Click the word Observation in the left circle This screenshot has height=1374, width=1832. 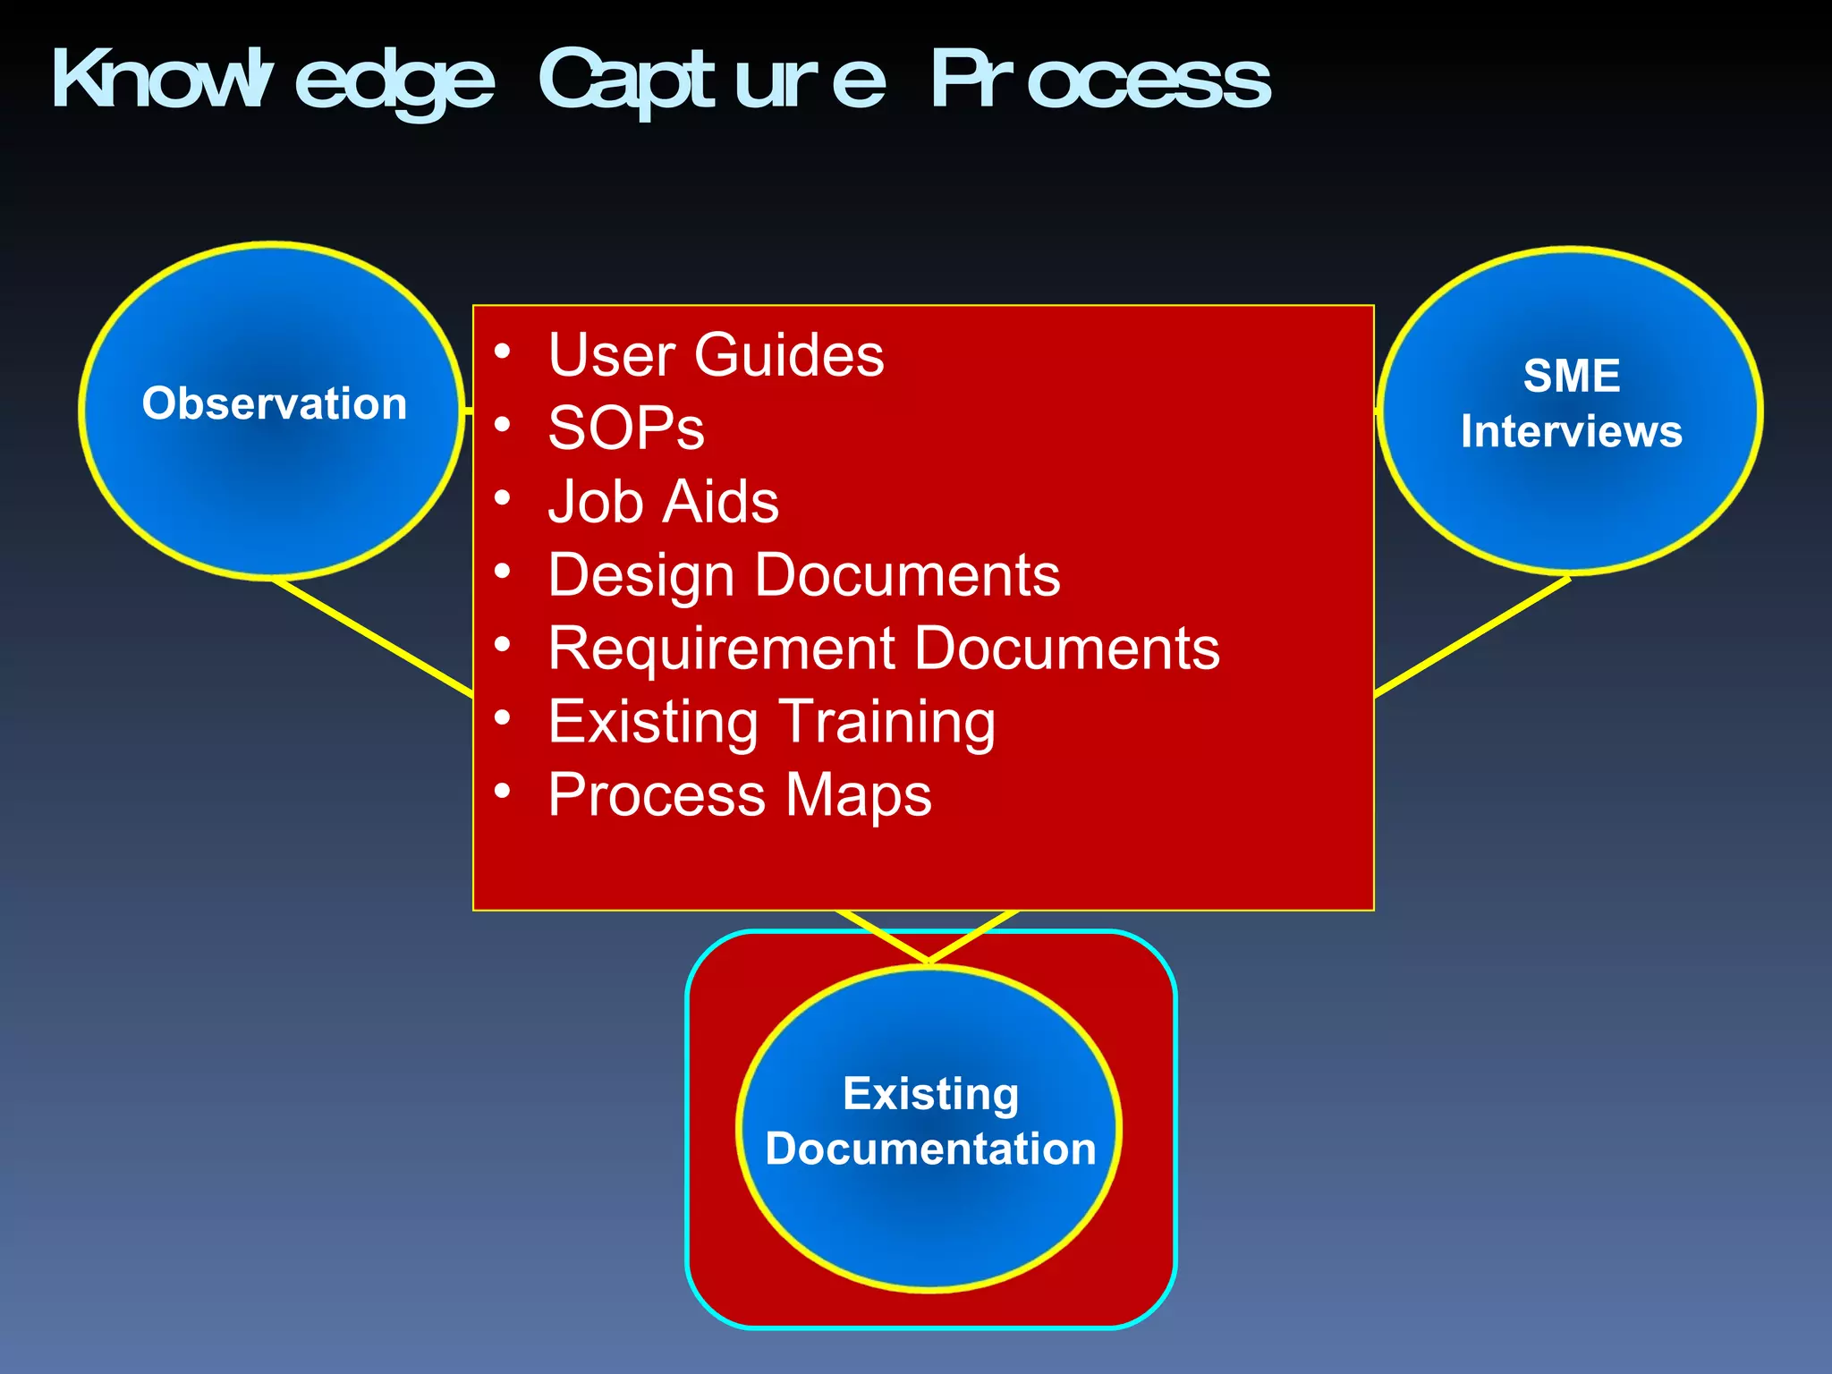click(x=274, y=403)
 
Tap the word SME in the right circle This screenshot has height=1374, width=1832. click(x=1571, y=376)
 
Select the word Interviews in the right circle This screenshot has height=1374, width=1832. click(x=1571, y=431)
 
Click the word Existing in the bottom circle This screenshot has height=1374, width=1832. click(x=930, y=1094)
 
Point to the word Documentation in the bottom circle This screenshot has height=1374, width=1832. click(x=930, y=1149)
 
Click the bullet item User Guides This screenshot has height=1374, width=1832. click(x=716, y=355)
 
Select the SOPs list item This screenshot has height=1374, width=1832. click(x=626, y=428)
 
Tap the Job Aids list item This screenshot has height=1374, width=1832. click(x=663, y=502)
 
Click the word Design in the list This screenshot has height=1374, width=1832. click(x=640, y=575)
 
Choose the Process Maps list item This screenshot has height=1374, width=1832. click(x=739, y=795)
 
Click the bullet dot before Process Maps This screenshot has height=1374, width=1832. click(x=503, y=791)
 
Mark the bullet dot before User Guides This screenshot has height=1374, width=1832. click(x=503, y=351)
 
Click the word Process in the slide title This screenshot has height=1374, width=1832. click(x=1100, y=81)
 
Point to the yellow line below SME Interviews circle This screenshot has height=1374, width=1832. click(x=1472, y=636)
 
